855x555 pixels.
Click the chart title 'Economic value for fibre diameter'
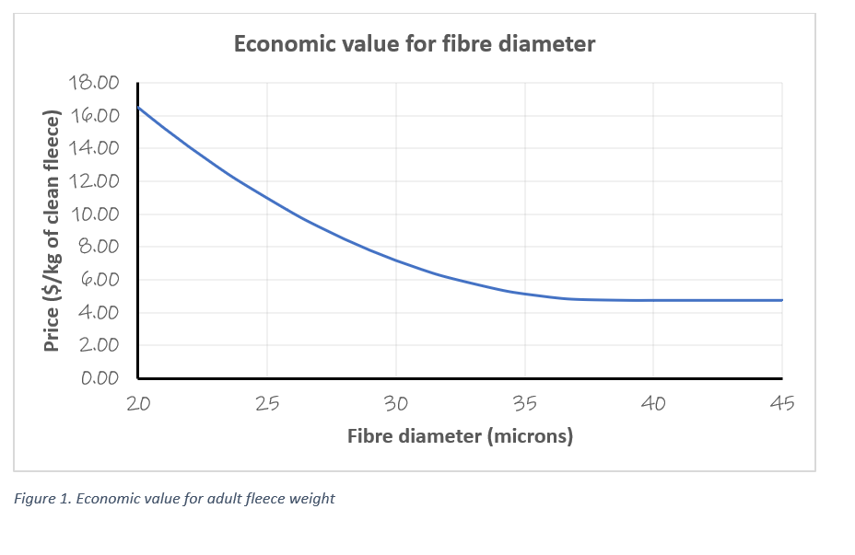click(x=414, y=44)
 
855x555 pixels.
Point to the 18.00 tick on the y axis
click(x=94, y=83)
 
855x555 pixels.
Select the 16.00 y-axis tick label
click(x=94, y=116)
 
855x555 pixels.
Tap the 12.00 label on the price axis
click(x=94, y=181)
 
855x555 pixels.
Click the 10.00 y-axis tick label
click(x=94, y=214)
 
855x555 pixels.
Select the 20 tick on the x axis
click(x=138, y=403)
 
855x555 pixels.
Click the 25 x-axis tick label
click(x=267, y=403)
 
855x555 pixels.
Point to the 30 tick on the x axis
click(x=396, y=403)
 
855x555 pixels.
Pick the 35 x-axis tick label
click(x=524, y=403)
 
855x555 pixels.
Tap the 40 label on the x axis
click(x=653, y=403)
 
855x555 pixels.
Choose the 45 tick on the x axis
click(x=781, y=403)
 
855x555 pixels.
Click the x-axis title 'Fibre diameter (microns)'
click(x=460, y=436)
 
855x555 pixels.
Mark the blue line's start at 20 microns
click(x=138, y=108)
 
